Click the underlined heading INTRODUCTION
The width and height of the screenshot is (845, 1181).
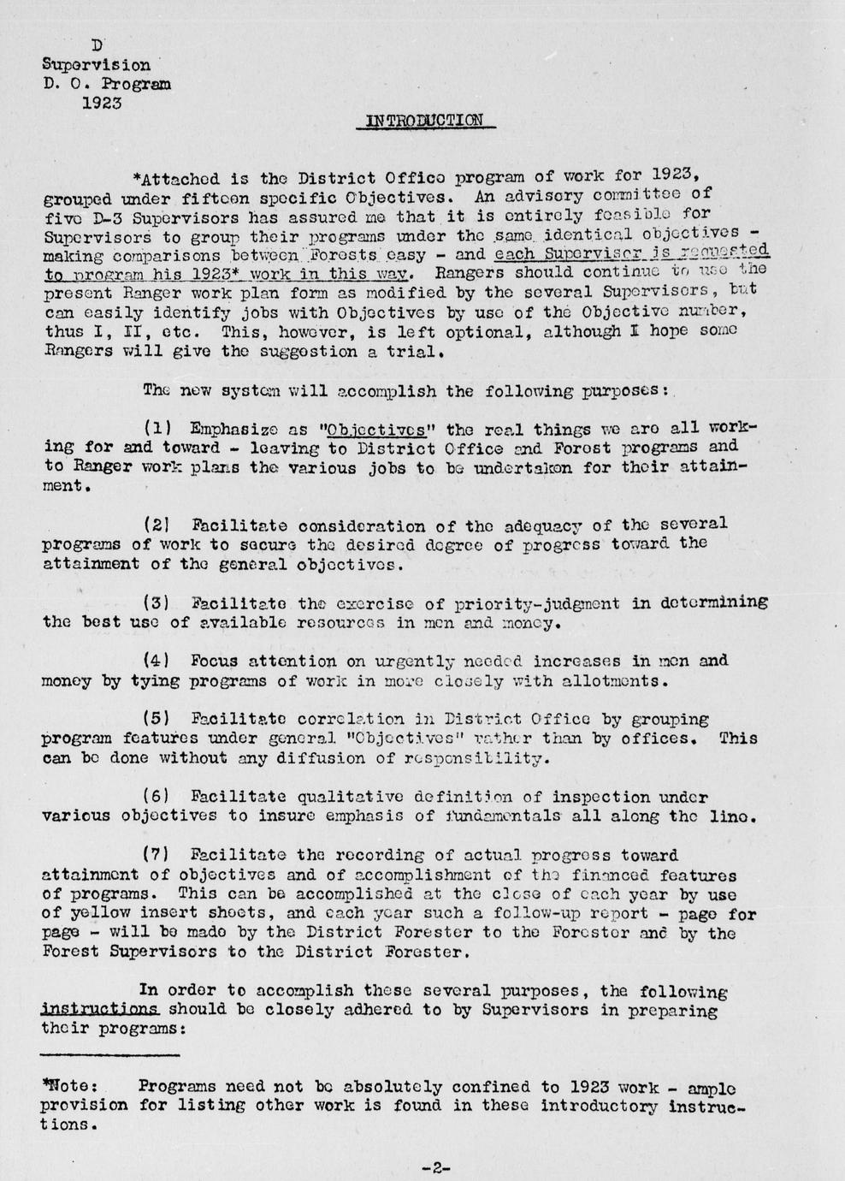pyautogui.click(x=424, y=121)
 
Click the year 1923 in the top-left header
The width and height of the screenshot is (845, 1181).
pyautogui.click(x=101, y=103)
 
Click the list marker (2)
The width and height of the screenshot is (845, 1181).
pyautogui.click(x=158, y=524)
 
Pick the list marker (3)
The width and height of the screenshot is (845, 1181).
pyautogui.click(x=158, y=602)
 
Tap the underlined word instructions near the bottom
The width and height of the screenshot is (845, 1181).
pyautogui.click(x=99, y=1010)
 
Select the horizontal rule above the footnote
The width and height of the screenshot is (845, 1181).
pyautogui.click(x=110, y=1055)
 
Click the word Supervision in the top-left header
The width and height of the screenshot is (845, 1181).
pyautogui.click(x=96, y=65)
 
